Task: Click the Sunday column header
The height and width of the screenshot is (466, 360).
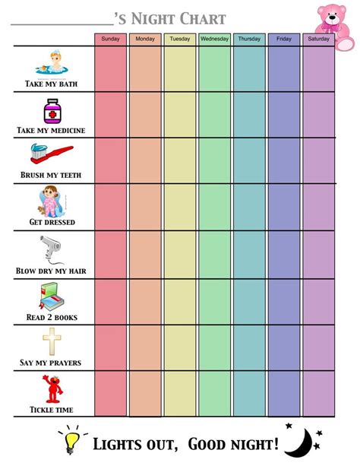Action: click(x=110, y=39)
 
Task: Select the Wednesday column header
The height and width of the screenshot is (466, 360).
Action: click(x=214, y=39)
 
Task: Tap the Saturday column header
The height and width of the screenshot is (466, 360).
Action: click(x=318, y=39)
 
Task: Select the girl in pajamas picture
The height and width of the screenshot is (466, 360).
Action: click(x=50, y=202)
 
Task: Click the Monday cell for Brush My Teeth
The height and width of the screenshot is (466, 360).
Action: click(x=145, y=160)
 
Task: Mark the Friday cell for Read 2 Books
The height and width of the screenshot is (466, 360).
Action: click(x=284, y=301)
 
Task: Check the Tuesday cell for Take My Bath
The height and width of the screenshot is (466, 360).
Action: click(x=179, y=69)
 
